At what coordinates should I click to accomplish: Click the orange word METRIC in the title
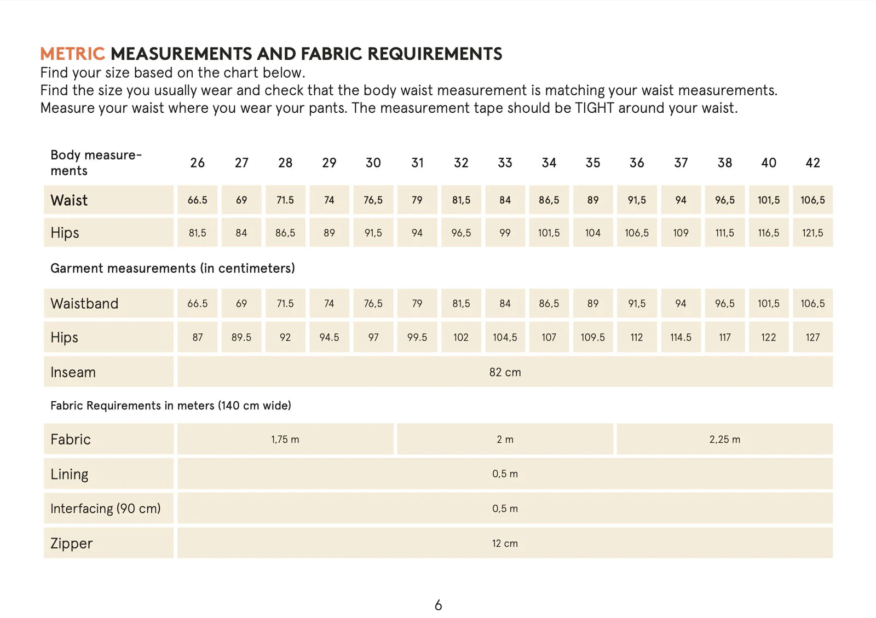[x=72, y=54]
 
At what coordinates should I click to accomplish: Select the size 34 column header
[x=549, y=163]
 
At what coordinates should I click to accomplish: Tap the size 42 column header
[x=812, y=163]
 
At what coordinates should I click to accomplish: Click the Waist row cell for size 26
[x=197, y=200]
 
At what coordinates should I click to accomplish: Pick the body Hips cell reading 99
[x=505, y=233]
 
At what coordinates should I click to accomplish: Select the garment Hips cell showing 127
[x=812, y=338]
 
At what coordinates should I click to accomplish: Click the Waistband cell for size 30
[x=373, y=304]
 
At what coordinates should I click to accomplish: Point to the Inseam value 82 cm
[x=505, y=372]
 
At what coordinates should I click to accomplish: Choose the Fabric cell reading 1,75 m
[x=285, y=440]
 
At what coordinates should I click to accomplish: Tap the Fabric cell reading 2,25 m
[x=724, y=440]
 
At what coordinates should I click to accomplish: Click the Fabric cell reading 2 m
[x=505, y=440]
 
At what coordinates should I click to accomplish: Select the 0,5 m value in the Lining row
[x=505, y=474]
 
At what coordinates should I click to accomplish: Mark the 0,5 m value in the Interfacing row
[x=505, y=509]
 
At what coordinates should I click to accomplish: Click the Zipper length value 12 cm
[x=505, y=544]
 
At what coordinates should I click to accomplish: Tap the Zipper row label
[x=72, y=544]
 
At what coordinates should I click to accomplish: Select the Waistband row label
[x=84, y=304]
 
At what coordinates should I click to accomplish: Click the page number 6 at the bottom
[x=438, y=605]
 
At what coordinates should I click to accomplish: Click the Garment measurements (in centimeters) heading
[x=172, y=268]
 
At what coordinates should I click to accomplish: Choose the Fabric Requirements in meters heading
[x=170, y=406]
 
